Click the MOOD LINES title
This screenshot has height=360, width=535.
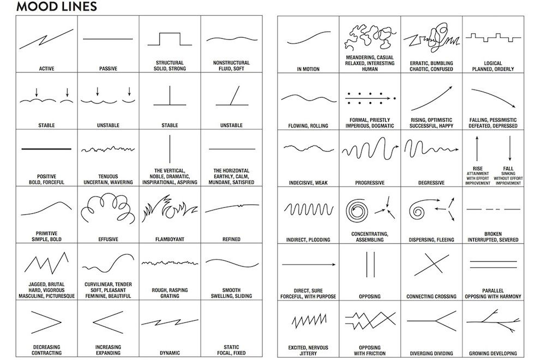point(57,7)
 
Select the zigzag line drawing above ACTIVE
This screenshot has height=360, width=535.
point(46,39)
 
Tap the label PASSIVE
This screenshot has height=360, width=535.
point(108,69)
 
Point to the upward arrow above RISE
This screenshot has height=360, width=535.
point(477,148)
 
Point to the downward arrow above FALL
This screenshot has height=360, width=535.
point(510,148)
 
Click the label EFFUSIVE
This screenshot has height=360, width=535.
point(108,239)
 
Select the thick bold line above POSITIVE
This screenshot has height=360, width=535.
point(46,149)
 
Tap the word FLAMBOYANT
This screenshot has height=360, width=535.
point(170,239)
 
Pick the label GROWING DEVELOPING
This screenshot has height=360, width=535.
point(493,353)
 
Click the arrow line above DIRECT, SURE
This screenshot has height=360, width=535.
point(309,265)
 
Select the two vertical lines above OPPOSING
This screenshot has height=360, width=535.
point(370,265)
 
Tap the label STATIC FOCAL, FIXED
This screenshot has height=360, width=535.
point(231,350)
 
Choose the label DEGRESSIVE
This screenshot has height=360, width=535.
point(431,183)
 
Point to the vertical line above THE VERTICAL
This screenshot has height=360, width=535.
point(170,149)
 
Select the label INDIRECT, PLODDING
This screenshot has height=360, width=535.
point(308,240)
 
